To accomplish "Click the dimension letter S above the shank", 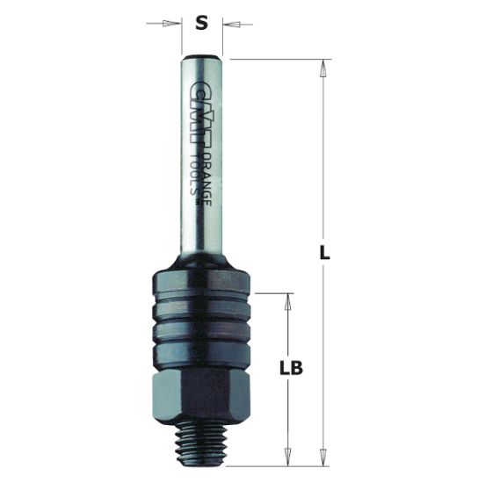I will pos(201,24).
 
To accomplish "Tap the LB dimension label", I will pos(290,369).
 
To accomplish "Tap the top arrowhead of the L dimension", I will pos(324,66).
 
